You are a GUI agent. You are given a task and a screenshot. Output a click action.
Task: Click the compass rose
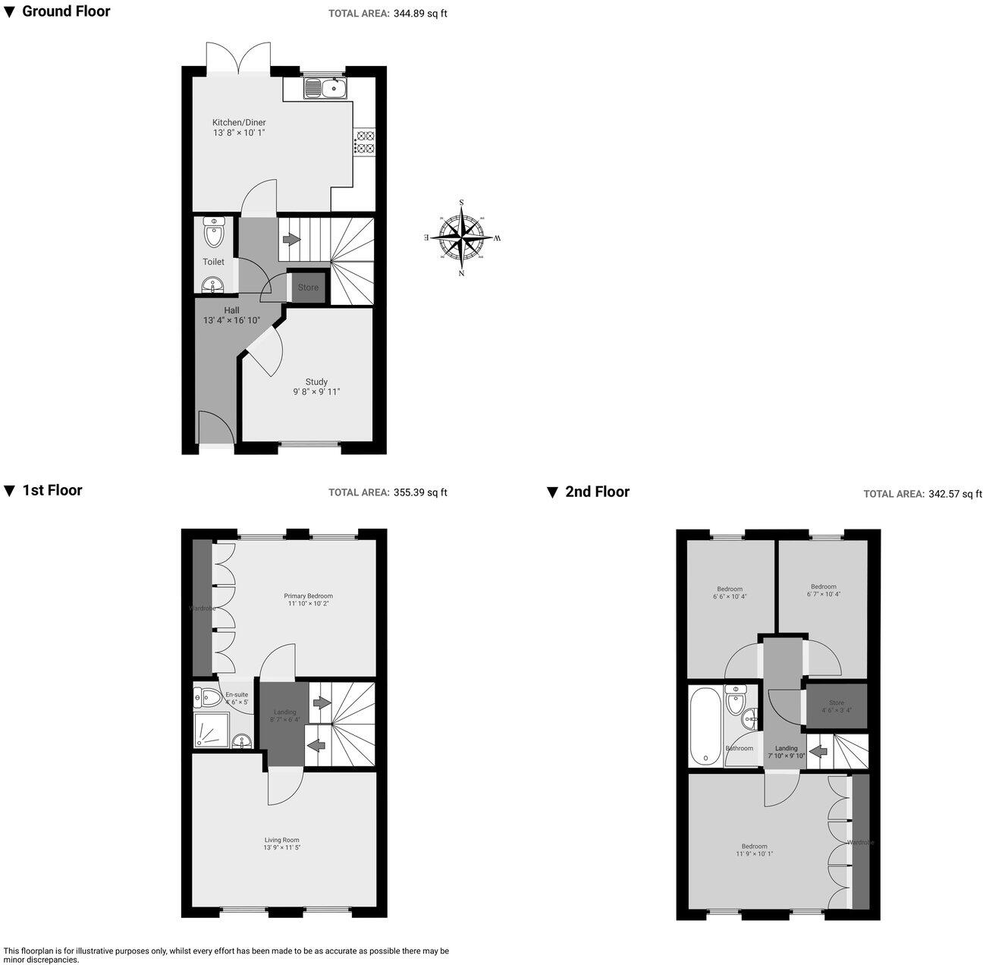pyautogui.click(x=462, y=237)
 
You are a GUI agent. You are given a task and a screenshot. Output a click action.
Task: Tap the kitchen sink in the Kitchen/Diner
pyautogui.click(x=325, y=90)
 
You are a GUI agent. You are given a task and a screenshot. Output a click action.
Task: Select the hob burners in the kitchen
pyautogui.click(x=365, y=143)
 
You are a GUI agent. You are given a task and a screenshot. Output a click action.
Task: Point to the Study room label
pyautogui.click(x=316, y=382)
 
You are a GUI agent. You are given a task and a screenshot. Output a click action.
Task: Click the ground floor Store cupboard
pyautogui.click(x=308, y=288)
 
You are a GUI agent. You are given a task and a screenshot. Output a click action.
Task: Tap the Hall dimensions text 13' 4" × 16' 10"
pyautogui.click(x=231, y=320)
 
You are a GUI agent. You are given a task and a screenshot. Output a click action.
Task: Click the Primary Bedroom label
pyautogui.click(x=308, y=596)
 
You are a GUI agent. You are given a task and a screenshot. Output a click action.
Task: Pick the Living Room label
pyautogui.click(x=281, y=840)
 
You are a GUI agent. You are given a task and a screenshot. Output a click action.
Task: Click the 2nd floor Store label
pyautogui.click(x=836, y=703)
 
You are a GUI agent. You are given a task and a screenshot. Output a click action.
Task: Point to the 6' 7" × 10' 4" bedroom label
pyautogui.click(x=823, y=589)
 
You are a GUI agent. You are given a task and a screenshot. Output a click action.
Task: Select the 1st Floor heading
pyautogui.click(x=52, y=490)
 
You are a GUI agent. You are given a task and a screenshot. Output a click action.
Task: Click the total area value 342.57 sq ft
pyautogui.click(x=954, y=494)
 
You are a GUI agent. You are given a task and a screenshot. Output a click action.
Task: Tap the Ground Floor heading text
pyautogui.click(x=66, y=11)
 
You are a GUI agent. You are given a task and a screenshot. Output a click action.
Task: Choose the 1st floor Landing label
pyautogui.click(x=284, y=712)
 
